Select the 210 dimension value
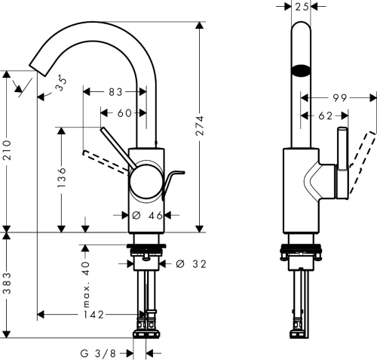pyautogui.click(x=8, y=151)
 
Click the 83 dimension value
pyautogui.click(x=115, y=92)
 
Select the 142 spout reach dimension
pyautogui.click(x=92, y=313)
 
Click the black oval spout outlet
pyautogui.click(x=301, y=72)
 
